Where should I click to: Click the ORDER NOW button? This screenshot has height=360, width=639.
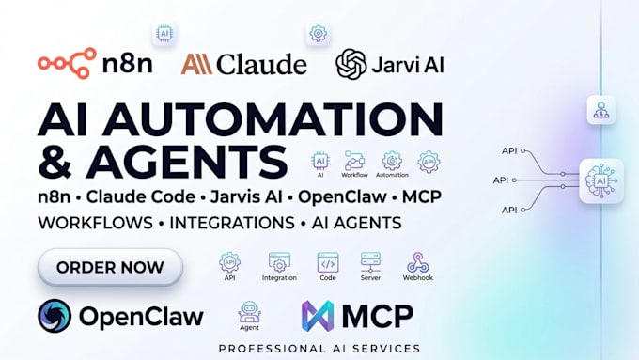[x=110, y=267]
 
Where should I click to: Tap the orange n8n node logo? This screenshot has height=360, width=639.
[x=67, y=63]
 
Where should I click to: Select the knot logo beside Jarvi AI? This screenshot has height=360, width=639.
[x=351, y=64]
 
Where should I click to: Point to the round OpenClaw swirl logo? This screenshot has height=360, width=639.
[x=55, y=316]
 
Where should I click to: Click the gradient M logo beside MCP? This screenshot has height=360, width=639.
[x=318, y=316]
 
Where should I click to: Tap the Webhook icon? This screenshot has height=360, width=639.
[x=418, y=262]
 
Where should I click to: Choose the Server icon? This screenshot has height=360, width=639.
[x=370, y=262]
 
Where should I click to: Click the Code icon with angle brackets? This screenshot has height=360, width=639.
[x=328, y=262]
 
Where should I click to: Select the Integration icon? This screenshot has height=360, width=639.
[x=279, y=262]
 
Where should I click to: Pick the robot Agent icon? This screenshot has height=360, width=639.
[x=249, y=312]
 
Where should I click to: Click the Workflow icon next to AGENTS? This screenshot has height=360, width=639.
[x=354, y=161]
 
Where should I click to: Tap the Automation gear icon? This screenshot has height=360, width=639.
[x=392, y=161]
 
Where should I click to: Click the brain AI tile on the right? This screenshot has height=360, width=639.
[x=601, y=180]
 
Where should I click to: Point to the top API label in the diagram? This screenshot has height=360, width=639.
[x=509, y=150]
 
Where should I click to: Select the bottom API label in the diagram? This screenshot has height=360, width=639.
[x=509, y=210]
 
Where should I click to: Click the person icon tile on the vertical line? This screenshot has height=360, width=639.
[x=601, y=110]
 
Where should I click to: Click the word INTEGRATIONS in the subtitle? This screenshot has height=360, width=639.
[x=232, y=223]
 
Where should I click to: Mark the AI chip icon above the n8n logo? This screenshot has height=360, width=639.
[x=164, y=34]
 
